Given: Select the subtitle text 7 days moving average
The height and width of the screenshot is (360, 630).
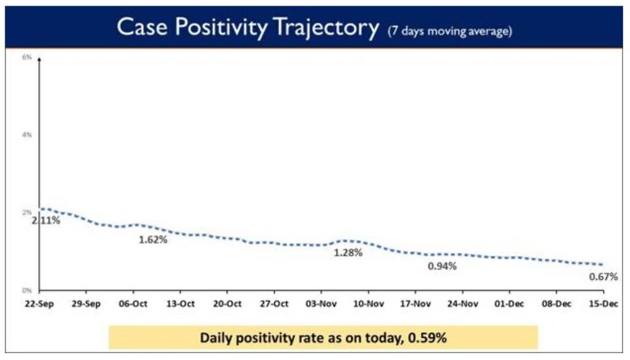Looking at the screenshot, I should (x=450, y=31).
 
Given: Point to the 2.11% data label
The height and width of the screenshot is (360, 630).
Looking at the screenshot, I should (x=47, y=220).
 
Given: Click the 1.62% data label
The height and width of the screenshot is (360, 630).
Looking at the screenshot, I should (x=152, y=239).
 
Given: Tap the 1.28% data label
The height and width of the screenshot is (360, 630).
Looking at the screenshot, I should (x=348, y=252).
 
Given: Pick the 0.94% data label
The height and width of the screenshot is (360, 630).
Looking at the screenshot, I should (x=442, y=266).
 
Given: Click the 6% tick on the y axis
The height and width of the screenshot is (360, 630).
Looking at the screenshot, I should (x=26, y=57).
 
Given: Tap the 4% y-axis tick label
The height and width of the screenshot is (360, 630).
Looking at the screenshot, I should (x=26, y=134).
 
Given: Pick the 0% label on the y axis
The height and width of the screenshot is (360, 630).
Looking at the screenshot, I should (x=26, y=289).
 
